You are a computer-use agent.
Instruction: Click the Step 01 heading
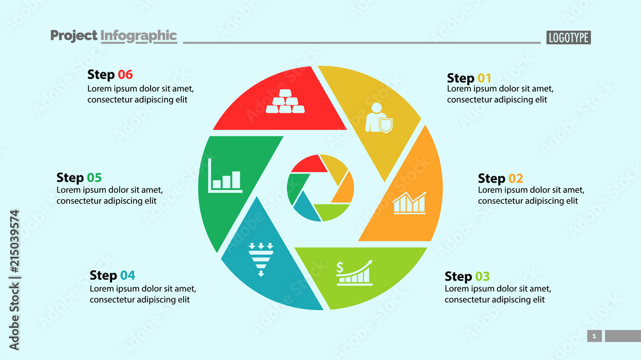[x=469, y=78]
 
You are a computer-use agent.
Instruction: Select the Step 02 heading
[x=501, y=178]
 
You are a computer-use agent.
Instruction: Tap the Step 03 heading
[x=467, y=277]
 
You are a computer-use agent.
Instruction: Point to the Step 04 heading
[x=113, y=275]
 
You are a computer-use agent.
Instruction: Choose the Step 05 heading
[x=79, y=177]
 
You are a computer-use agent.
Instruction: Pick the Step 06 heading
[x=110, y=74]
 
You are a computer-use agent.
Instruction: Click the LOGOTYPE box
[x=569, y=37]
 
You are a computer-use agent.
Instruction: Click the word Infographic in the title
[x=138, y=35]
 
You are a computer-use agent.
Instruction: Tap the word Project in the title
[x=74, y=35]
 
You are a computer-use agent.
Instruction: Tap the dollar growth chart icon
[x=354, y=272]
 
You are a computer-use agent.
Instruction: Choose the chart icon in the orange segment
[x=409, y=202]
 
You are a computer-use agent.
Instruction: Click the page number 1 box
[x=594, y=336]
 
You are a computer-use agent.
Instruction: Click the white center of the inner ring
[x=320, y=188]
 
